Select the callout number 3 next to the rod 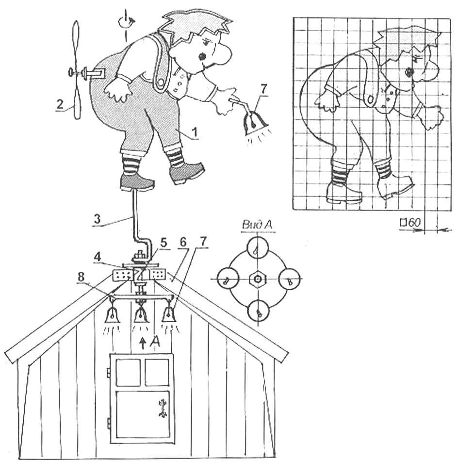click(x=97, y=219)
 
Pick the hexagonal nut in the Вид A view click(x=258, y=279)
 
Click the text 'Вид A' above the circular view click(x=257, y=225)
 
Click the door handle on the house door click(x=162, y=408)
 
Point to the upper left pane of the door click(x=128, y=372)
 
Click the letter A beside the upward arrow click(x=155, y=342)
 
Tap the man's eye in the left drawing click(x=202, y=56)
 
